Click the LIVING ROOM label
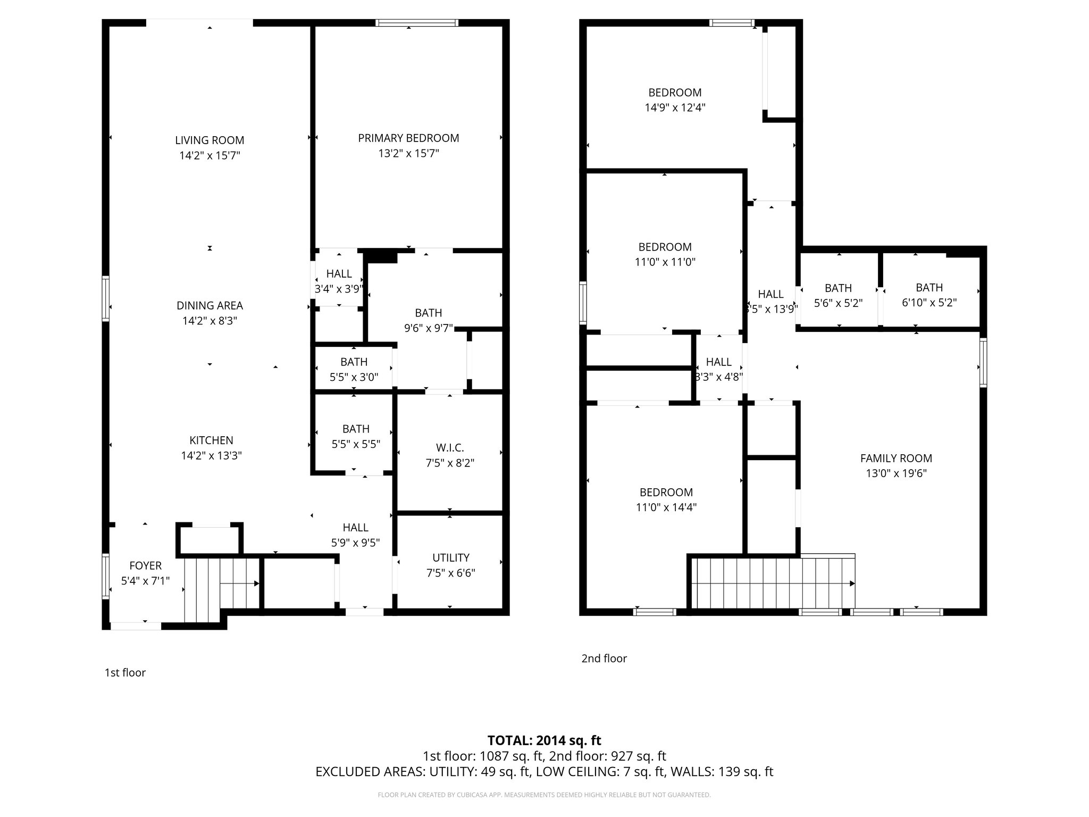coord(210,140)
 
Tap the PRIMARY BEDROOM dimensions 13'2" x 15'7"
coord(408,154)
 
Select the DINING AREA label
coord(210,305)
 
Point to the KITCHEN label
coord(211,440)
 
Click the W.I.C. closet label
coord(450,448)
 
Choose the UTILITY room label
coord(450,557)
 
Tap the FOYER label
coord(145,566)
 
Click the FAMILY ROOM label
coord(896,458)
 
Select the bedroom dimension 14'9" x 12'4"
coord(675,107)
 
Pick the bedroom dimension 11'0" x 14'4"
coord(666,507)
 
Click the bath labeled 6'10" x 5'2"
coord(929,295)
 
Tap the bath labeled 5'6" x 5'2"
coord(838,296)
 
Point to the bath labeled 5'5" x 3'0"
coord(354,370)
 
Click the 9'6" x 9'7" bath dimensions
coord(429,328)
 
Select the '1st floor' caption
coord(125,672)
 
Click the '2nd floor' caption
coord(604,658)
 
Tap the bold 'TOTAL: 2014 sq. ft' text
coord(544,740)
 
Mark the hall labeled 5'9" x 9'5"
coord(355,535)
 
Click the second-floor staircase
coord(771,583)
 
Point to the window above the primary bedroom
coord(417,23)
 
